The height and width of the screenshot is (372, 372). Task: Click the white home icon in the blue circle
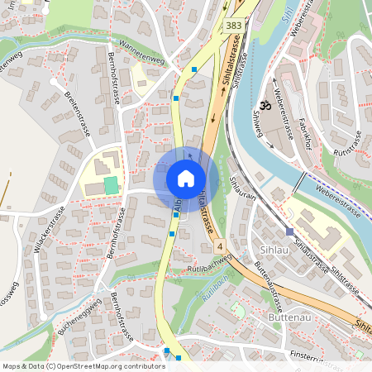click(x=186, y=179)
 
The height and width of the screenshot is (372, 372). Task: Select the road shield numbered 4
click(x=220, y=246)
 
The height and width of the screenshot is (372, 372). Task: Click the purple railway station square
click(x=289, y=232)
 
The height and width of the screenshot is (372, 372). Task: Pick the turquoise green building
click(x=111, y=184)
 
